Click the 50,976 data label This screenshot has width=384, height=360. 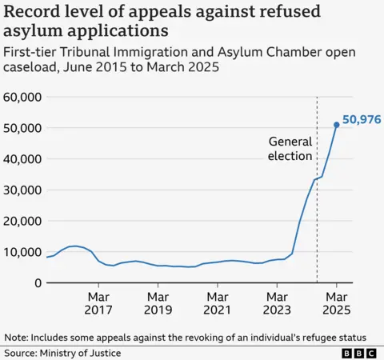[362, 120]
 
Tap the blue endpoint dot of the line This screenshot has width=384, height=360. [337, 124]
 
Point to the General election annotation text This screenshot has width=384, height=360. [290, 148]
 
